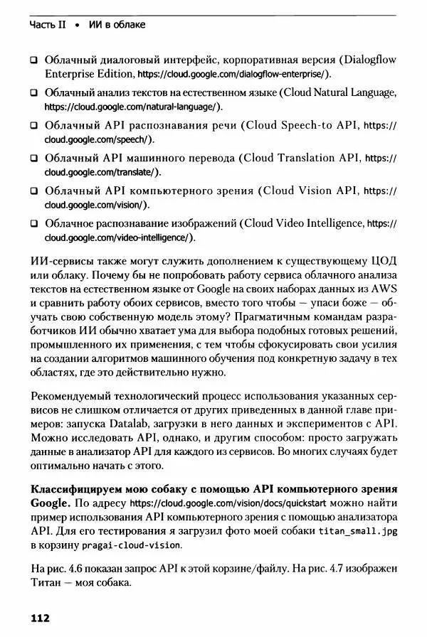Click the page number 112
(39, 619)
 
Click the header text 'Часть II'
(48, 25)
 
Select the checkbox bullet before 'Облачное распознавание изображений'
(33, 223)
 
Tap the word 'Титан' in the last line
(47, 584)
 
